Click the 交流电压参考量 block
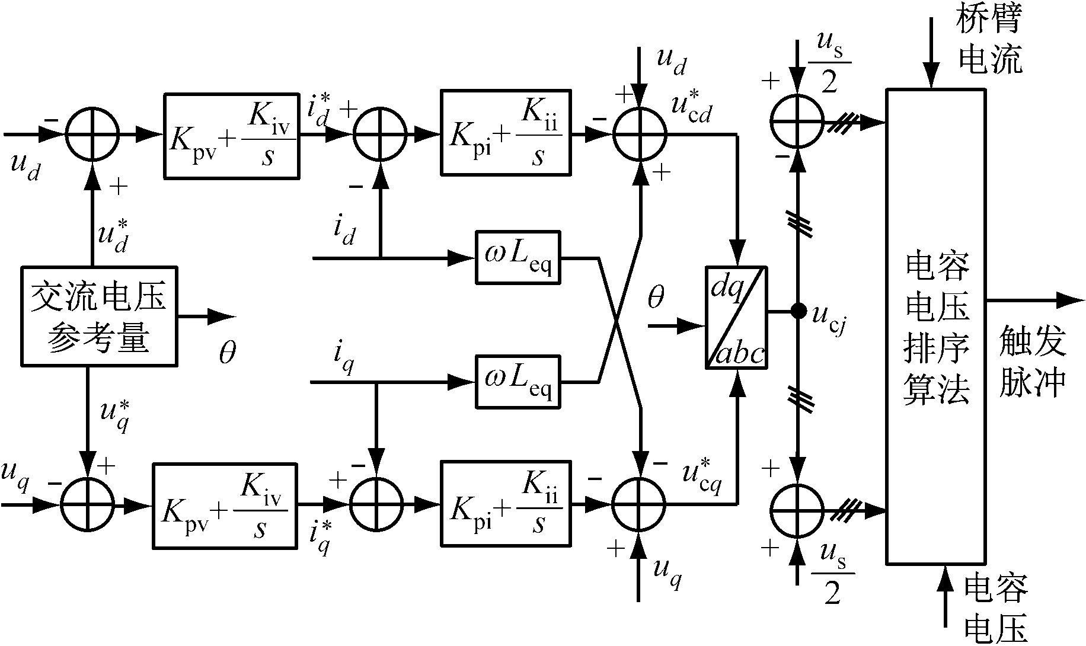pos(99,316)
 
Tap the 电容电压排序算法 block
pos(936,326)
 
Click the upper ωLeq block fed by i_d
pos(518,258)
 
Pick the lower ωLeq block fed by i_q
pos(518,382)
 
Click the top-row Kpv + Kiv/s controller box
pos(231,136)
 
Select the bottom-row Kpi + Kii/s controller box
pos(506,503)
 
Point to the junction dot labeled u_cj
pos(798,310)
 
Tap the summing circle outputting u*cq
pos(639,504)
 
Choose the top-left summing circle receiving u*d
pos(92,135)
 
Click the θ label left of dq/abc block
pos(655,298)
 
